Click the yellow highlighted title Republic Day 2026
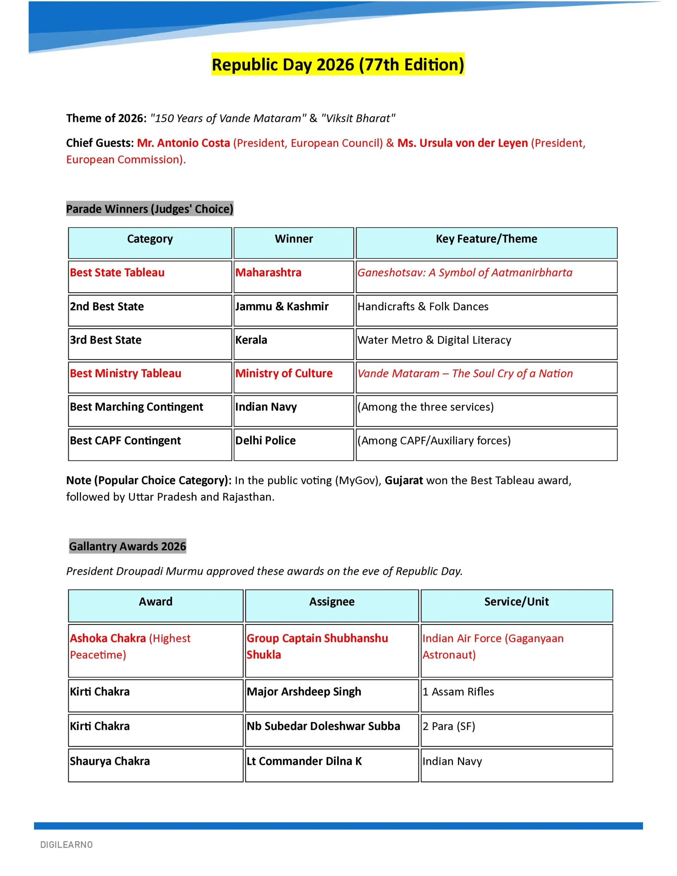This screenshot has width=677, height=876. point(337,65)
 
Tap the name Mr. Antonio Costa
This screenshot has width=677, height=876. point(183,143)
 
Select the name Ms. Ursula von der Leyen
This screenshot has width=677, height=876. point(462,143)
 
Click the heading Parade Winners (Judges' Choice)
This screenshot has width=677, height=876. point(149,209)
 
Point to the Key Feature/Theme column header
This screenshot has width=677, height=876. point(486,239)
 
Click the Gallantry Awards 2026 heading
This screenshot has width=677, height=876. point(127,546)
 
